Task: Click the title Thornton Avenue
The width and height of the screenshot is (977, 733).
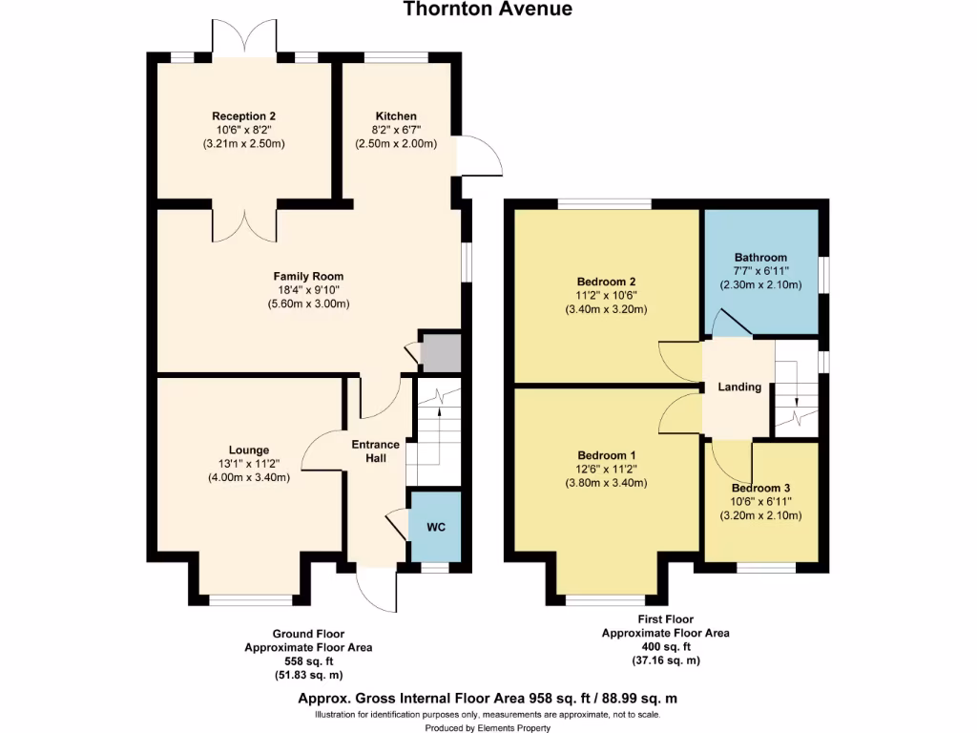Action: point(488,10)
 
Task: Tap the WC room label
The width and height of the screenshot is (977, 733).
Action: point(435,527)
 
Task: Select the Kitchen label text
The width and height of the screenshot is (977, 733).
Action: point(395,116)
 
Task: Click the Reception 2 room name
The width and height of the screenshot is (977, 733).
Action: point(244,116)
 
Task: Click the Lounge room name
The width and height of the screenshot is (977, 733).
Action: point(248,450)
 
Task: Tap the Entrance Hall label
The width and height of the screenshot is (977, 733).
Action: point(376,451)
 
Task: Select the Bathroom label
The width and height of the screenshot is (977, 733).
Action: point(760,258)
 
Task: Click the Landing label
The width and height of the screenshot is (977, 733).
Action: point(739,387)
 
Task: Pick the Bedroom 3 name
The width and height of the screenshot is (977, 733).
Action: point(760,487)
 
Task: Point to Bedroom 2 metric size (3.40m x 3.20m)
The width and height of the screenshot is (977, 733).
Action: point(607,309)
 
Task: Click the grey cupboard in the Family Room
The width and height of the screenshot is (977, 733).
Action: point(441,352)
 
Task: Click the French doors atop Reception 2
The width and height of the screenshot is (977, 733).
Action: point(244,38)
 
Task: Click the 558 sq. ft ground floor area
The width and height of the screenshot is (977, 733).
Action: point(308,660)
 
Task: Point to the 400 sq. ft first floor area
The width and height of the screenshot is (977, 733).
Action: point(665,646)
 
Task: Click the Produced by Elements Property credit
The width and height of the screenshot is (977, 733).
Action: point(488,727)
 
